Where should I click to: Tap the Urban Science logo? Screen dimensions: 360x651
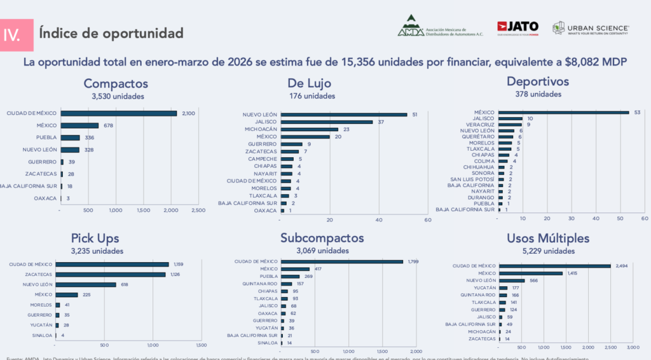[x=591, y=28]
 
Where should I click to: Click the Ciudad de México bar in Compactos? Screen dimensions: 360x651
[x=119, y=113]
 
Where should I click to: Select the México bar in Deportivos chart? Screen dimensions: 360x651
[x=563, y=113]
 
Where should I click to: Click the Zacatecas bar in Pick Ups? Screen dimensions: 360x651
[x=110, y=275]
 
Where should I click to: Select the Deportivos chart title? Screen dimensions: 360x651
[x=537, y=81]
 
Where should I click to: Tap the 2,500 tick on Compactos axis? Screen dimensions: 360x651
[x=198, y=210]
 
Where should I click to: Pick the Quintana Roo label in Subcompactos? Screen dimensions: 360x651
[x=262, y=284]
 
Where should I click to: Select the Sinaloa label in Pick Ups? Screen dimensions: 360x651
[x=42, y=335]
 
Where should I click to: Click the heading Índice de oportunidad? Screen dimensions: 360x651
[x=111, y=32]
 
